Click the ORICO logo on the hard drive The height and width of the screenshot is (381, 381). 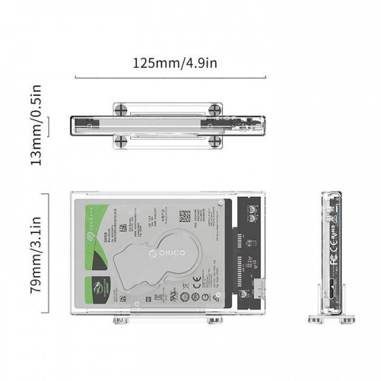(167, 253)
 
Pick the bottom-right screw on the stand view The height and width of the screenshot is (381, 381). (215, 140)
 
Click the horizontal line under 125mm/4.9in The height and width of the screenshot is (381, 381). (170, 78)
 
